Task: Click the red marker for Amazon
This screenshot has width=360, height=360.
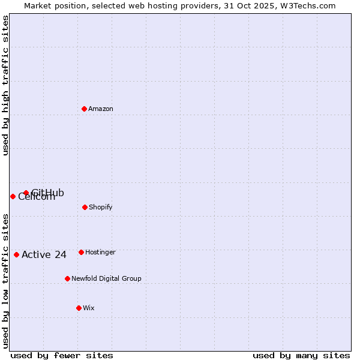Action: click(85, 109)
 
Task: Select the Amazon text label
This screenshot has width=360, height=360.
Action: click(101, 109)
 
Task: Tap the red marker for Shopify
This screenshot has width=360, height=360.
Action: click(85, 207)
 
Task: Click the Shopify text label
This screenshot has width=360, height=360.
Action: click(100, 207)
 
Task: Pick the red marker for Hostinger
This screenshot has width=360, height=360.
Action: click(81, 252)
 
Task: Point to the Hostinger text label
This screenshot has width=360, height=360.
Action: click(100, 252)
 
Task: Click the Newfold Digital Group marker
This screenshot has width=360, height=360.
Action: click(67, 278)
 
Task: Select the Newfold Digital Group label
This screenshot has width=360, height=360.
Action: click(106, 278)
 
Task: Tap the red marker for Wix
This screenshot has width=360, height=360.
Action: click(79, 308)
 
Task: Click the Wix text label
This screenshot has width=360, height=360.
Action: click(89, 308)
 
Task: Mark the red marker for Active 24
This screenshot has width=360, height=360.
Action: click(16, 254)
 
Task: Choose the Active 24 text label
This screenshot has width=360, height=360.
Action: click(44, 254)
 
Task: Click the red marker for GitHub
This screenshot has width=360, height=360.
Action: click(26, 193)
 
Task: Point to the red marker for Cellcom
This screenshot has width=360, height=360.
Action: click(13, 196)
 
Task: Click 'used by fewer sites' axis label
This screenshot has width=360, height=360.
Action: click(62, 355)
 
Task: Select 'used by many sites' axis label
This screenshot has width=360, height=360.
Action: click(301, 355)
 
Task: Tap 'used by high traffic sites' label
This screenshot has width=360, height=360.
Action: click(5, 85)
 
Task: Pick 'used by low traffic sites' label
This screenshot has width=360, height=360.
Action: click(5, 281)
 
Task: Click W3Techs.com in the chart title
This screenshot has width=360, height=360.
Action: click(306, 5)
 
